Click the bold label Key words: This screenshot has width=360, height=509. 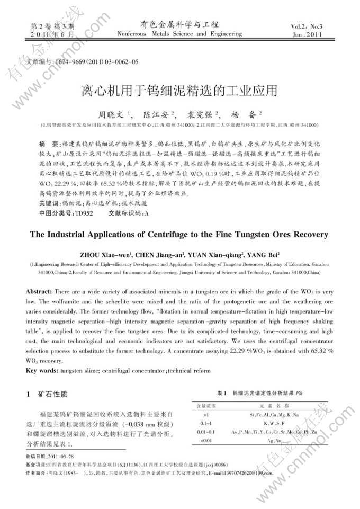point(42,370)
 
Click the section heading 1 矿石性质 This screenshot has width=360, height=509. point(48,395)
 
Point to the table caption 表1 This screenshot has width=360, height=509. point(222,394)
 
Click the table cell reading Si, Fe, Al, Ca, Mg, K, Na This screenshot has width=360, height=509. point(274,415)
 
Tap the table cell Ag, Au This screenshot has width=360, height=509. point(274,440)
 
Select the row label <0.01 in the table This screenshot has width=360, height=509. point(206,440)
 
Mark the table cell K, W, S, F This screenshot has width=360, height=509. point(274,423)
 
